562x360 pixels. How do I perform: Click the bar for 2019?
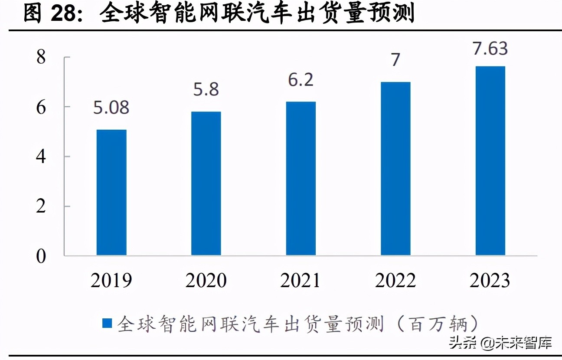coord(111,192)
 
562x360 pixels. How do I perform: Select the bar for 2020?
coord(206,183)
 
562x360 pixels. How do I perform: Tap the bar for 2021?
coord(301,178)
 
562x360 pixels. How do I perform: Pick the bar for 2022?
coord(395,168)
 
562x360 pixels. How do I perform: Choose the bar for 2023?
coord(490,160)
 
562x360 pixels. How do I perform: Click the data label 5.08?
coord(111,108)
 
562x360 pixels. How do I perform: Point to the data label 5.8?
coord(206,90)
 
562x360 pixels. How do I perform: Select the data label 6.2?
coord(301,80)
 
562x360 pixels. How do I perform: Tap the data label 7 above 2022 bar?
coord(395,60)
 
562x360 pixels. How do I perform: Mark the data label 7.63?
coord(490,49)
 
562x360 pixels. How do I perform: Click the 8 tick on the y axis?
coord(41,57)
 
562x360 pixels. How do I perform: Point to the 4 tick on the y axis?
coord(41,157)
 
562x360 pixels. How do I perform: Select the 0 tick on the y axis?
coord(41,256)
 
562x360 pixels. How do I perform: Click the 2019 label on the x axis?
coord(111,281)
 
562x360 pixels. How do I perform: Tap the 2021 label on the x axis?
coord(301,281)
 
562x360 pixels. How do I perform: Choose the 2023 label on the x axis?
coord(490,281)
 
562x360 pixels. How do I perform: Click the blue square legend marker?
coord(107,323)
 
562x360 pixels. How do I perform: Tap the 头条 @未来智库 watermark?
coord(500,343)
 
